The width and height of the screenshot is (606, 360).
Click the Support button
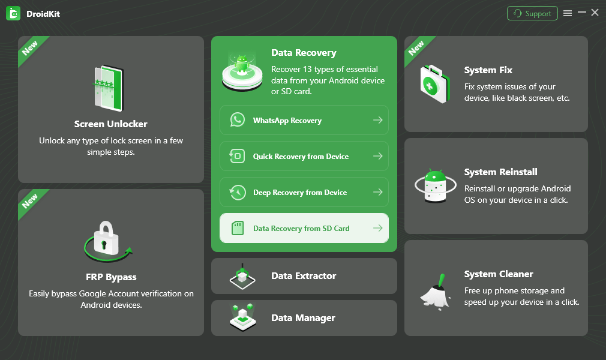coord(532,13)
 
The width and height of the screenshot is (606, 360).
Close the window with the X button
coord(595,13)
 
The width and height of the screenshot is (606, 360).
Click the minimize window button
coord(581,13)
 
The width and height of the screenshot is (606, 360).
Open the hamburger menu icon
coord(568,13)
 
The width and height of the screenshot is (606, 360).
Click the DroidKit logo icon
coord(13,13)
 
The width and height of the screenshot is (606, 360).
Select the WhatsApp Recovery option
coord(287,121)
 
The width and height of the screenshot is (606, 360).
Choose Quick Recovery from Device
coord(301,157)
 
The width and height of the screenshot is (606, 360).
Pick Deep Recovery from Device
coord(300,193)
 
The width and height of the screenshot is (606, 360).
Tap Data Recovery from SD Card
coord(301,229)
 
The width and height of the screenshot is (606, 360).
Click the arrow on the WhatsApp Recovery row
coord(377,120)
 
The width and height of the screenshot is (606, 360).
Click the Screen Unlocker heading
coord(110,124)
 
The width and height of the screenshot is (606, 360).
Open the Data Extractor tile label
coord(304,276)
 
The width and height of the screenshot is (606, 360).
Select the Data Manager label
coord(303,318)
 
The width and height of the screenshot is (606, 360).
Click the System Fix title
coord(488,70)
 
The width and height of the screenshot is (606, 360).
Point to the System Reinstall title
coord(500,172)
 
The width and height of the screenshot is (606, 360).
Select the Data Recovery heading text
coord(304,53)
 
